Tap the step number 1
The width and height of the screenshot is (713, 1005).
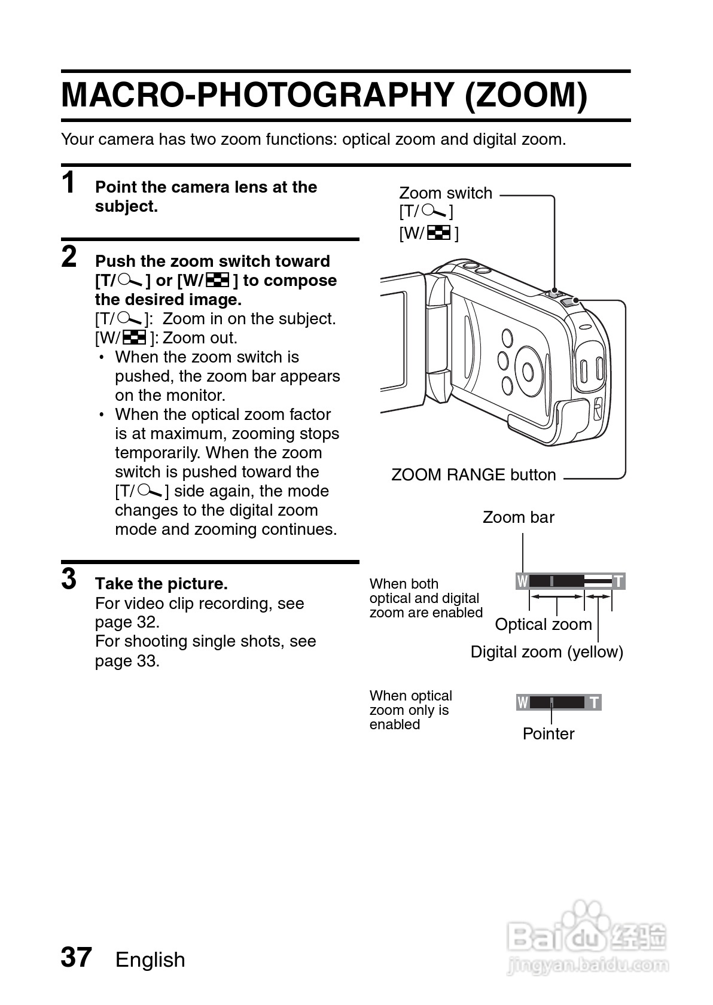pyautogui.click(x=69, y=182)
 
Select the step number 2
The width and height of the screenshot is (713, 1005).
pyautogui.click(x=69, y=257)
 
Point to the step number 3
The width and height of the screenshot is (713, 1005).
pyautogui.click(x=69, y=579)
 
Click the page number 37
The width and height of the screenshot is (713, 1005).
pyautogui.click(x=76, y=957)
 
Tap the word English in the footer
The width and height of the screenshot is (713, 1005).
pyautogui.click(x=150, y=960)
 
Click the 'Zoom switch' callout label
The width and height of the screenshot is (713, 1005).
pyautogui.click(x=445, y=193)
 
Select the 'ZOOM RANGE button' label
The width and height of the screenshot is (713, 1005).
pyautogui.click(x=473, y=475)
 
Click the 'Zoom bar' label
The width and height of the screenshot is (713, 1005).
pyautogui.click(x=518, y=517)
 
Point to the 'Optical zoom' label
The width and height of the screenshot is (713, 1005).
pyautogui.click(x=543, y=625)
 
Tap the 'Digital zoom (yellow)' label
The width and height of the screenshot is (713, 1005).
pyautogui.click(x=547, y=652)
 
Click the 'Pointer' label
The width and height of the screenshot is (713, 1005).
pyautogui.click(x=548, y=734)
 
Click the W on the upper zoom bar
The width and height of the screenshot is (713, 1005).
pyautogui.click(x=523, y=581)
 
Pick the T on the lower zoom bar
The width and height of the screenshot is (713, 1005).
pyautogui.click(x=594, y=702)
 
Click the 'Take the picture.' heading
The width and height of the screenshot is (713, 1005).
pyautogui.click(x=162, y=584)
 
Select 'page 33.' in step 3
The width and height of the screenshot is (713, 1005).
pyautogui.click(x=127, y=661)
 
